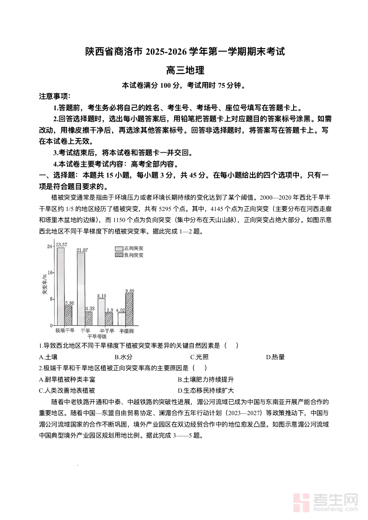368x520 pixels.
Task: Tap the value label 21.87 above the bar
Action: [x=82, y=250]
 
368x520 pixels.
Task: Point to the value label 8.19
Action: [x=102, y=296]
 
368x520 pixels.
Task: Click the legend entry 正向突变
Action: [x=129, y=248]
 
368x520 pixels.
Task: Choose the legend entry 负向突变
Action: [x=129, y=255]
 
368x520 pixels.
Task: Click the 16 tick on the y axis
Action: [x=50, y=273]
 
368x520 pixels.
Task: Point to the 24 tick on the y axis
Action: [x=50, y=247]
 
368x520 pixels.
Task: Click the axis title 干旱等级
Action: [x=97, y=336]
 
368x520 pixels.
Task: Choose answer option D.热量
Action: [x=275, y=357]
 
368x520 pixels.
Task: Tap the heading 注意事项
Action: [x=55, y=97]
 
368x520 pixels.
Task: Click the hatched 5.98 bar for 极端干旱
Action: [x=68, y=316]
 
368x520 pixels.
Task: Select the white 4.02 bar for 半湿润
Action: [x=121, y=319]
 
